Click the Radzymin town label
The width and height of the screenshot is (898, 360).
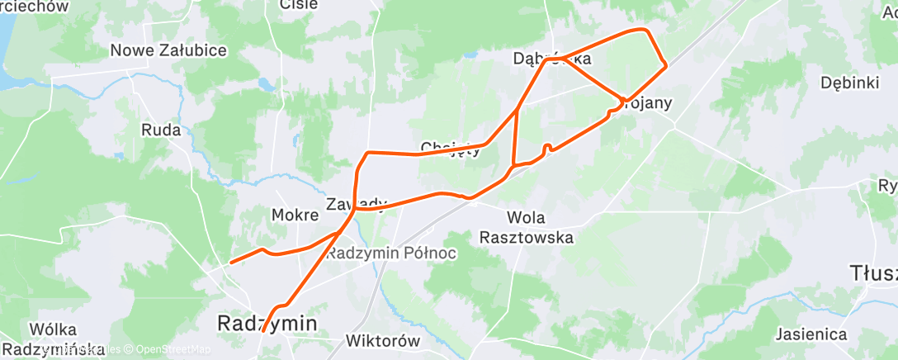(267, 324)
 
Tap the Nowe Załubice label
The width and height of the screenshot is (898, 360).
(168, 50)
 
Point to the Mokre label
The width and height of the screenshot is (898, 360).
(295, 215)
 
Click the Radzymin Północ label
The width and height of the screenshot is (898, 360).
(391, 253)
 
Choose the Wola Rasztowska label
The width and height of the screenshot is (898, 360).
(527, 227)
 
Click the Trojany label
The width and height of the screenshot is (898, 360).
(647, 103)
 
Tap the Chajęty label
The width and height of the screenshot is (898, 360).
(450, 149)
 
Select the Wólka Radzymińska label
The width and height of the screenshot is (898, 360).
(54, 338)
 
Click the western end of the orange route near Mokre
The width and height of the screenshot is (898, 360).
(230, 263)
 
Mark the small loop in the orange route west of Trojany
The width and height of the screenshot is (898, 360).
(546, 147)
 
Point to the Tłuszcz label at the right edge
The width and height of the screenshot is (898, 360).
(873, 272)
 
